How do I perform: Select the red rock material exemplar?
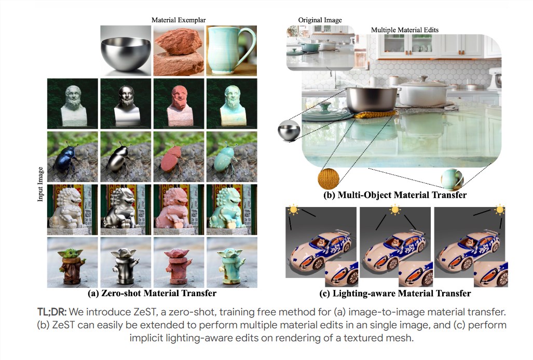[179, 51]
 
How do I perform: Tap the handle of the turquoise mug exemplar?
[249, 44]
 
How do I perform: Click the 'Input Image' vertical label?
[40, 184]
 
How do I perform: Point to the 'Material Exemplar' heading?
[179, 20]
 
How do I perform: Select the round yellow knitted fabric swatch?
[329, 178]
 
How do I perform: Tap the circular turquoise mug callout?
[452, 179]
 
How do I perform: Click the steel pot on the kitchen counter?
[372, 100]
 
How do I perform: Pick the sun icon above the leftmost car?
[293, 210]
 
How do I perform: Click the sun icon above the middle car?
[395, 210]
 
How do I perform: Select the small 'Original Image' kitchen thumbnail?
[320, 48]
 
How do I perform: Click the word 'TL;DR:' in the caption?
[52, 312]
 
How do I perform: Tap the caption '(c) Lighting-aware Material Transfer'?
[395, 294]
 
